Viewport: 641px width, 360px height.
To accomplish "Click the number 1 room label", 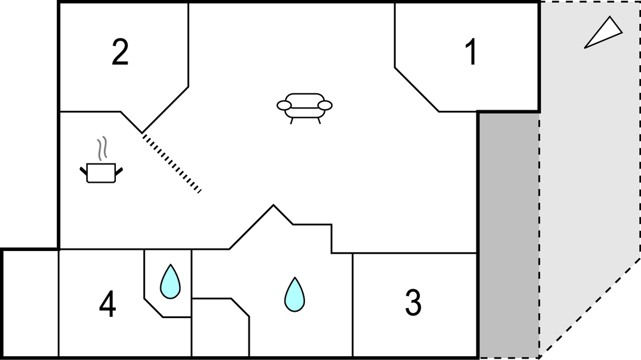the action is [x=471, y=52].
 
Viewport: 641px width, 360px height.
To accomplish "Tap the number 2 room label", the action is [x=120, y=52].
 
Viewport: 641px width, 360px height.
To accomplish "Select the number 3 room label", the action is [x=413, y=303].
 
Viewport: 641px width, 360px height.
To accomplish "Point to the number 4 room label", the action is [x=108, y=304].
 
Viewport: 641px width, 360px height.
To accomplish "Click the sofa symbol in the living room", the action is [x=305, y=108].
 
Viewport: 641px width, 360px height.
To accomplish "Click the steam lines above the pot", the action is [x=102, y=148].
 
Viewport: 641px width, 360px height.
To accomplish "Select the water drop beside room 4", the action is [x=170, y=282].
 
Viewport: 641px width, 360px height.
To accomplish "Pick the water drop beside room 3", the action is [x=294, y=294].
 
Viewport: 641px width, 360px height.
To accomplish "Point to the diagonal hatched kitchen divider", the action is [x=172, y=163].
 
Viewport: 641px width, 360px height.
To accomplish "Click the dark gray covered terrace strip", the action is [x=508, y=235].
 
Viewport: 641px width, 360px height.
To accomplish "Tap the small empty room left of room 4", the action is [x=31, y=304].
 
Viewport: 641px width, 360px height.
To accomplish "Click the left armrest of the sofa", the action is [x=284, y=106].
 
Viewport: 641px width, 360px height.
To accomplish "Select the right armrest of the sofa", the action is [x=325, y=106].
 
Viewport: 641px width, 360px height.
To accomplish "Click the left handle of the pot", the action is [x=83, y=171].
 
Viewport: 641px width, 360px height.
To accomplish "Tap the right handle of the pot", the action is [x=119, y=171].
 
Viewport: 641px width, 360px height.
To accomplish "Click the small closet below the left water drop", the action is [x=220, y=327].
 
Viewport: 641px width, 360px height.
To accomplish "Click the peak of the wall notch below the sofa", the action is [x=274, y=205].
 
